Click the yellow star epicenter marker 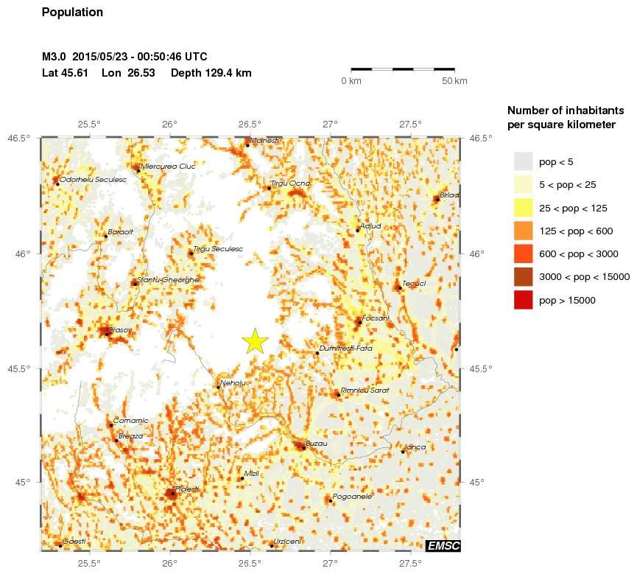[254, 340]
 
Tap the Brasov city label [119, 329]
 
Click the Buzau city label [316, 443]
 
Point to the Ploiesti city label [187, 489]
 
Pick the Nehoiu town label [233, 382]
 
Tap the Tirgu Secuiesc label [217, 249]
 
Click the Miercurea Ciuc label [168, 166]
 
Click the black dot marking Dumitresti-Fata [317, 353]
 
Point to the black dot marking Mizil [242, 478]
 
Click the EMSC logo [443, 545]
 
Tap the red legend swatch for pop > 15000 [522, 300]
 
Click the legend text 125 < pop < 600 [576, 231]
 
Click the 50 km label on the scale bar [454, 80]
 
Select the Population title [73, 13]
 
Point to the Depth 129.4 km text [211, 73]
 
